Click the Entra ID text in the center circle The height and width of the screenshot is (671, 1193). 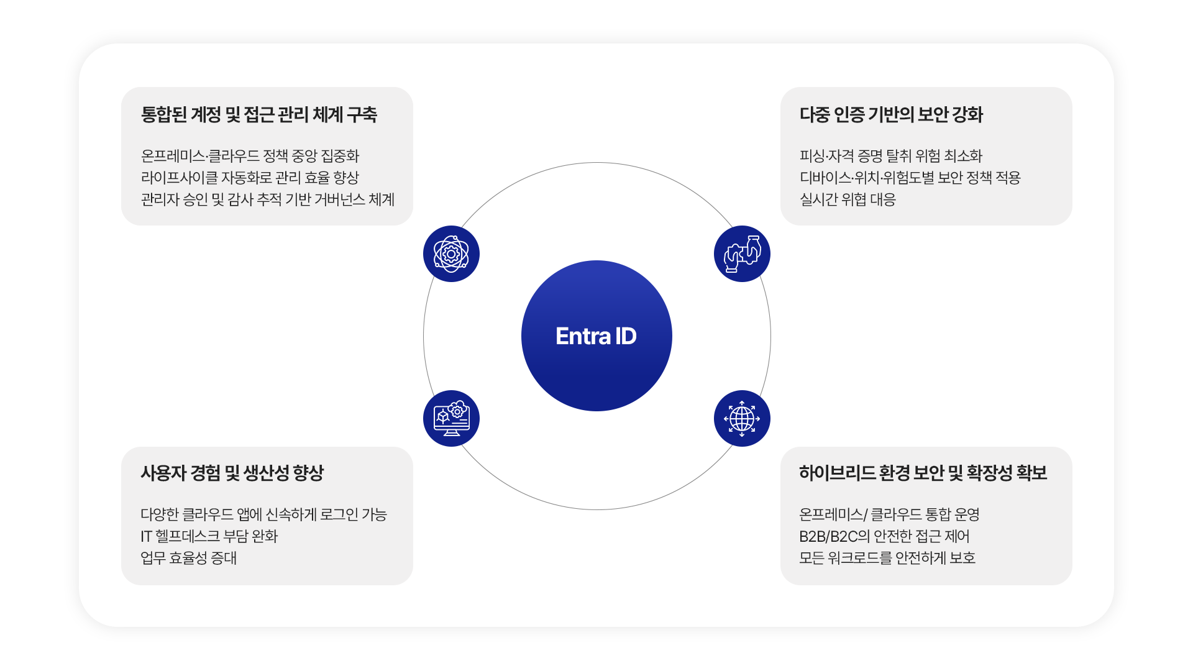(596, 336)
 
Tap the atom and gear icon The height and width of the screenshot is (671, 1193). (451, 253)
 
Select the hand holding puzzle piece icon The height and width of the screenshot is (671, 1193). (742, 253)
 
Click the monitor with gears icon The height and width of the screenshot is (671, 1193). (451, 418)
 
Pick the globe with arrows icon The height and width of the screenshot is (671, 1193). (742, 418)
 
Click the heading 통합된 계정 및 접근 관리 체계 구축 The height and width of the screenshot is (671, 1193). (258, 115)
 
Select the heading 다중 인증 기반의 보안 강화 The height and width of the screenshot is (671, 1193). (891, 115)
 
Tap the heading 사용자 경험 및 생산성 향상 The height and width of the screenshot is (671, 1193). (232, 473)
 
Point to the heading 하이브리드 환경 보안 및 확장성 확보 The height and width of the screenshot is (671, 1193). (923, 473)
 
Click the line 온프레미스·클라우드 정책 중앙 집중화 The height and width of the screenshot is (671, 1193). (250, 156)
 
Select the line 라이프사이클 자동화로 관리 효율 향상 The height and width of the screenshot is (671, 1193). (250, 178)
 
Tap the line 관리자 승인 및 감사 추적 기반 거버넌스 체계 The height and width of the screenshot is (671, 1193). (267, 199)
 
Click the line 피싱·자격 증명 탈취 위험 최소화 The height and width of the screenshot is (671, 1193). (890, 156)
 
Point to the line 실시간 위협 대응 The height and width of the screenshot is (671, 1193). (848, 199)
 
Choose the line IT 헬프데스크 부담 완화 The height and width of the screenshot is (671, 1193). (209, 536)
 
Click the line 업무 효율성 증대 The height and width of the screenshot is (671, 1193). (188, 558)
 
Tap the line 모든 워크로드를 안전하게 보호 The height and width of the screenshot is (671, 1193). (887, 558)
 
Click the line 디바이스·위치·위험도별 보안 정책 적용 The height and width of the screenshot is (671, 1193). (910, 178)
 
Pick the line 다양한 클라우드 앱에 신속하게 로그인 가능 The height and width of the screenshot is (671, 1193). (263, 514)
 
